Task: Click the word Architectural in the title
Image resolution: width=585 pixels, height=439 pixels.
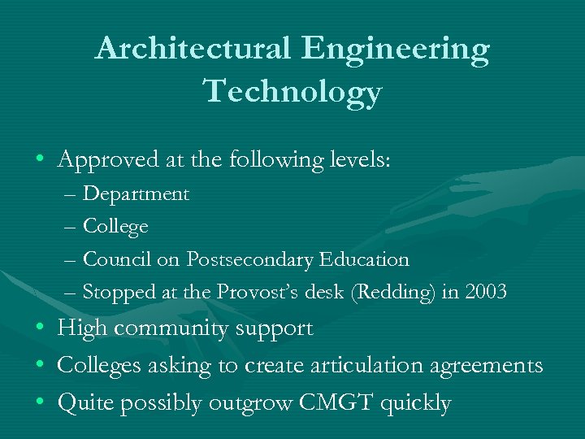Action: pos(193,50)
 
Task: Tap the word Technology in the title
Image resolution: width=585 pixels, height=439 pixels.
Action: pos(293,91)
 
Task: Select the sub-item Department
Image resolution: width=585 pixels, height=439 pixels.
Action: pos(136,194)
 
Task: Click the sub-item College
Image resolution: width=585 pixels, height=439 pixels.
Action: pos(116,227)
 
